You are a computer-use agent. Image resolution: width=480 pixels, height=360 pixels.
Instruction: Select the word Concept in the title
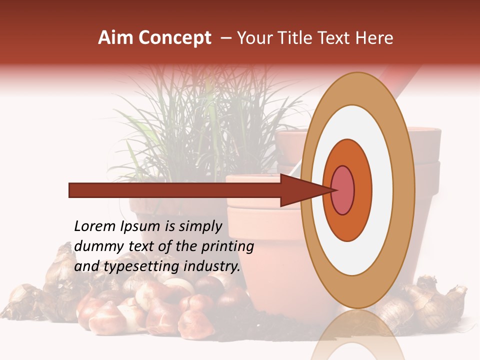click(x=174, y=38)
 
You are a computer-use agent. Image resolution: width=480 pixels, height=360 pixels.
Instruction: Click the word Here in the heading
click(x=374, y=38)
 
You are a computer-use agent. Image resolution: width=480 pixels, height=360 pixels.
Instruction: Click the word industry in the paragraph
click(x=212, y=267)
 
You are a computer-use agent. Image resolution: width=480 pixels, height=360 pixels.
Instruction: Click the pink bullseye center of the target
click(x=342, y=190)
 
